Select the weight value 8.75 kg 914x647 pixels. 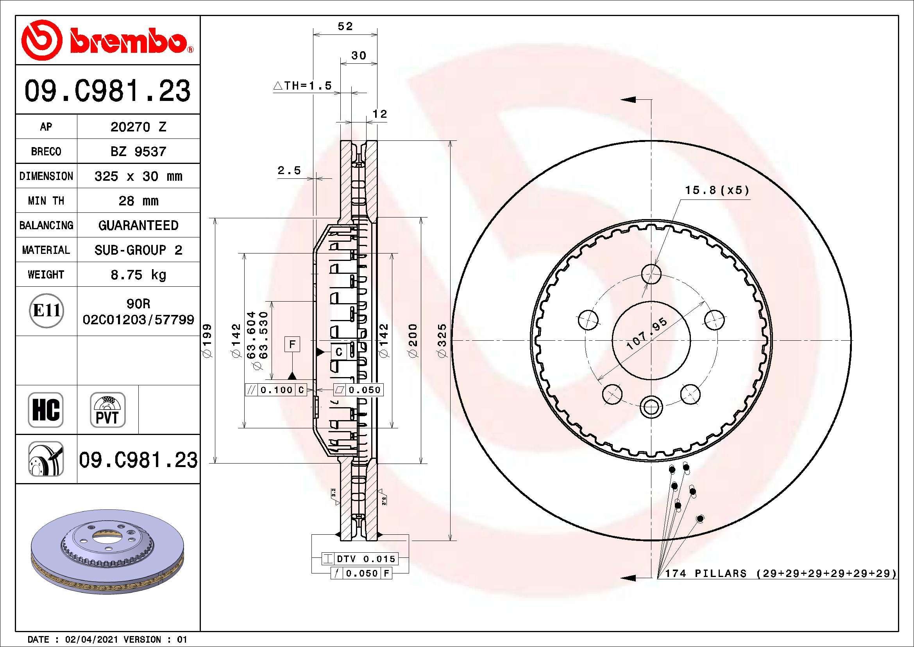(x=138, y=275)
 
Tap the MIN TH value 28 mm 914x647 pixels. (x=138, y=200)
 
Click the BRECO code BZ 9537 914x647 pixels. (x=138, y=151)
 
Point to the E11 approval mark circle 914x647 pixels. (x=47, y=310)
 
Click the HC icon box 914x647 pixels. (x=46, y=410)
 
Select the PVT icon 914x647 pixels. (x=107, y=410)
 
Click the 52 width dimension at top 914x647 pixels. (x=345, y=26)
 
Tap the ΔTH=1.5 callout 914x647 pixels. (x=302, y=86)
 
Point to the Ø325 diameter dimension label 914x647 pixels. (x=443, y=341)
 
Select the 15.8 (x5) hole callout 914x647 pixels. (x=717, y=191)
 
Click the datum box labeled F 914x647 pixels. (x=292, y=344)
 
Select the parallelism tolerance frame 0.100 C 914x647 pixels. (x=276, y=390)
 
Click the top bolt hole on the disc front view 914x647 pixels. (x=651, y=274)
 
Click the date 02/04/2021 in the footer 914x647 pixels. (x=91, y=640)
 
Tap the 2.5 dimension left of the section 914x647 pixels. (x=289, y=171)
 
